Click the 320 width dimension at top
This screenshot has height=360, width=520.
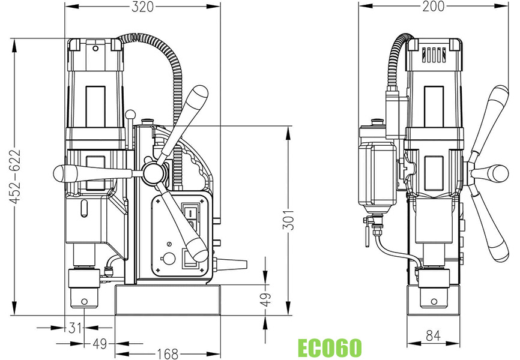coord(142,7)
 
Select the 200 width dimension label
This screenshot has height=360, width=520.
coord(433,7)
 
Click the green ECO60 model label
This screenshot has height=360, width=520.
coord(330,347)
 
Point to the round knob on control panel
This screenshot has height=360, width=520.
coord(169,259)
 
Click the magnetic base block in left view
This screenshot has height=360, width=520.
coord(168,300)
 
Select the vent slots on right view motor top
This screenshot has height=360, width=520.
coord(434,55)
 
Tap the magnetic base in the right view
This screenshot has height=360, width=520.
coord(434,299)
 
